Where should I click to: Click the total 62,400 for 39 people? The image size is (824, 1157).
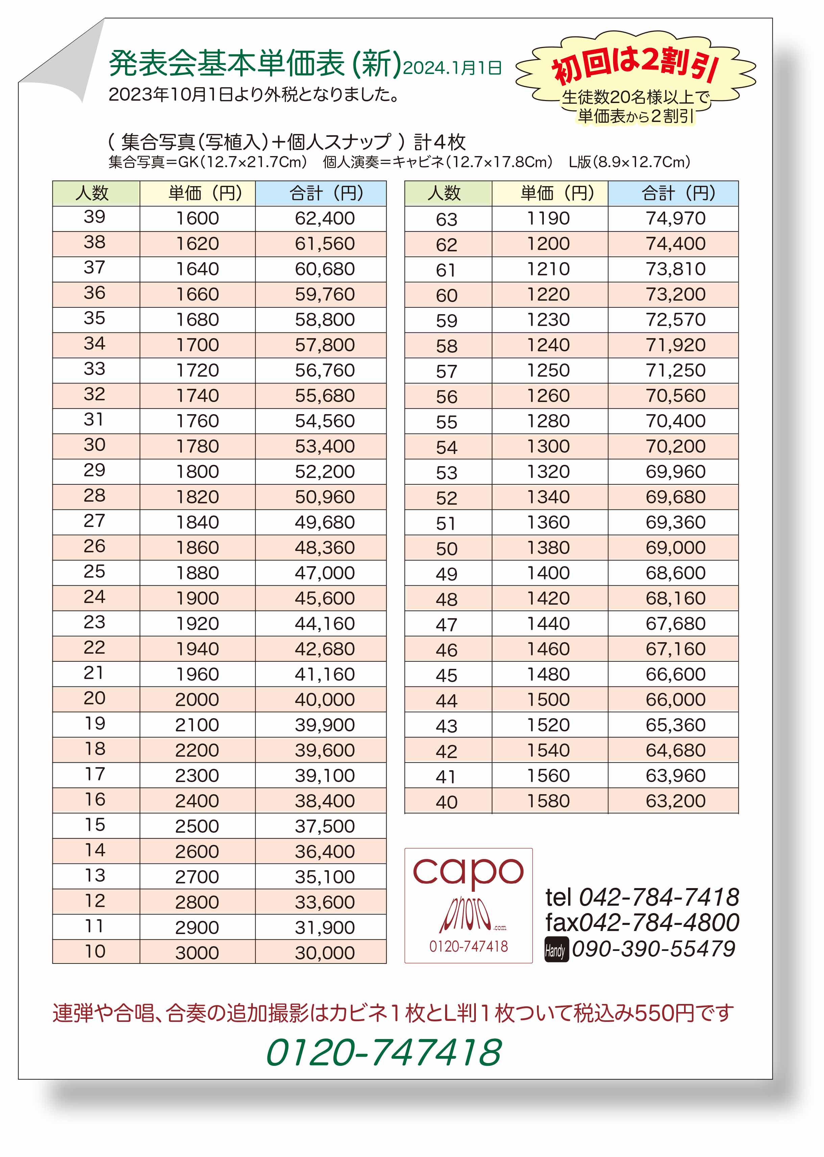[325, 219]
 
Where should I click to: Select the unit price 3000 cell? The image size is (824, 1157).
[197, 953]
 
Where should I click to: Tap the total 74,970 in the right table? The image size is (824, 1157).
[675, 219]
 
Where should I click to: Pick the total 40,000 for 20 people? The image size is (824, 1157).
[325, 700]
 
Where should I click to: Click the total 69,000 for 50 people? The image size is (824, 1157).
[675, 548]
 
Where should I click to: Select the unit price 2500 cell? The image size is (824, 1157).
[197, 826]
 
